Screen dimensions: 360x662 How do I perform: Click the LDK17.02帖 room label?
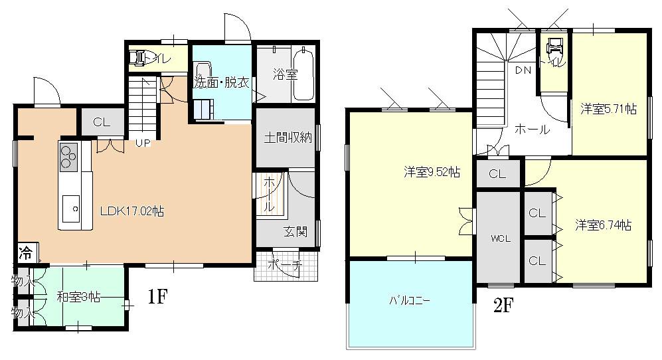pos(131,212)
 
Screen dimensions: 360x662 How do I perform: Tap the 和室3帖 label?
pos(78,298)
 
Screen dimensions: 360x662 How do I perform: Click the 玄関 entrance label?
pos(295,232)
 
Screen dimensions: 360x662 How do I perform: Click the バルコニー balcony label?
pos(410,300)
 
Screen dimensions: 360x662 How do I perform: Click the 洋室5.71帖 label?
pos(609,108)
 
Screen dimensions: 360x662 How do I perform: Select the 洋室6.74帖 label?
pos(603,225)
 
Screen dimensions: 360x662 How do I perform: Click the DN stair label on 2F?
pos(523,70)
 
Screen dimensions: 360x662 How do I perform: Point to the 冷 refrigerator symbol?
pos(26,253)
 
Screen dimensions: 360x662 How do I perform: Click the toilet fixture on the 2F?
pos(554,47)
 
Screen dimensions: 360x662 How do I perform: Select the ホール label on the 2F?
pos(532,130)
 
